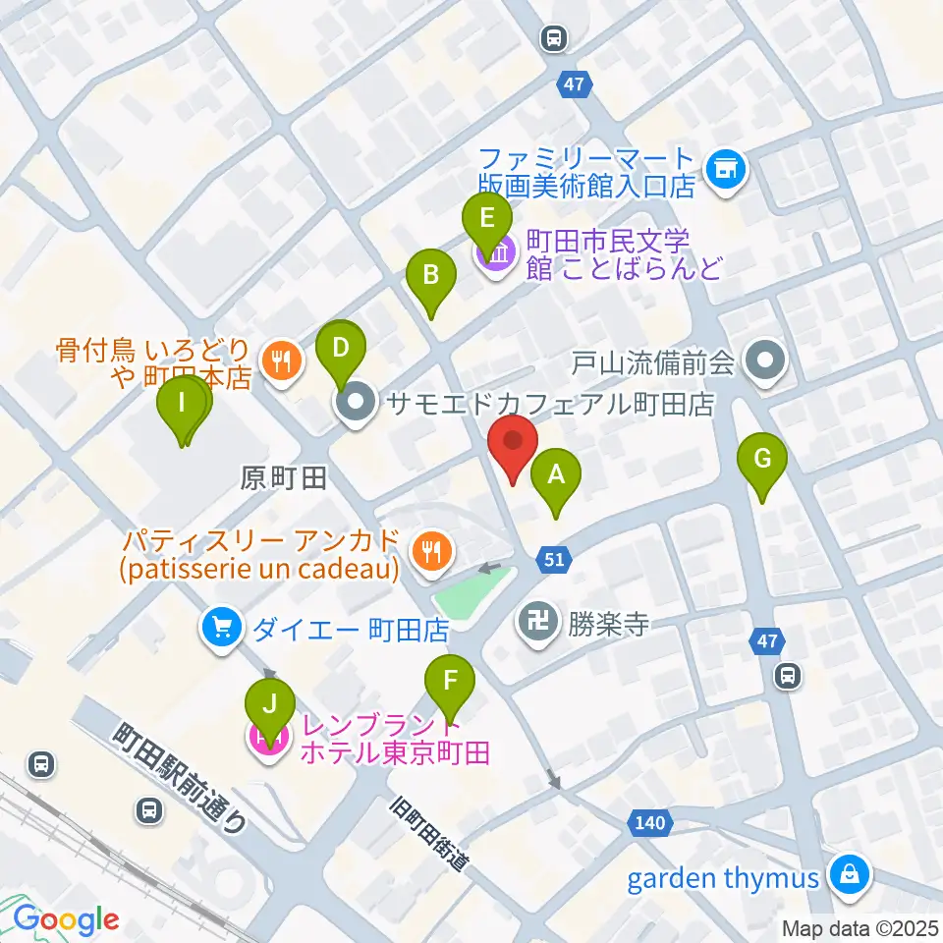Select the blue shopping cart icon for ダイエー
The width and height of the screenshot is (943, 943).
click(x=221, y=627)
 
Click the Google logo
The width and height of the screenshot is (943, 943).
click(x=67, y=918)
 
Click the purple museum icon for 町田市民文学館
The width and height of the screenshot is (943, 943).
click(x=497, y=253)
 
